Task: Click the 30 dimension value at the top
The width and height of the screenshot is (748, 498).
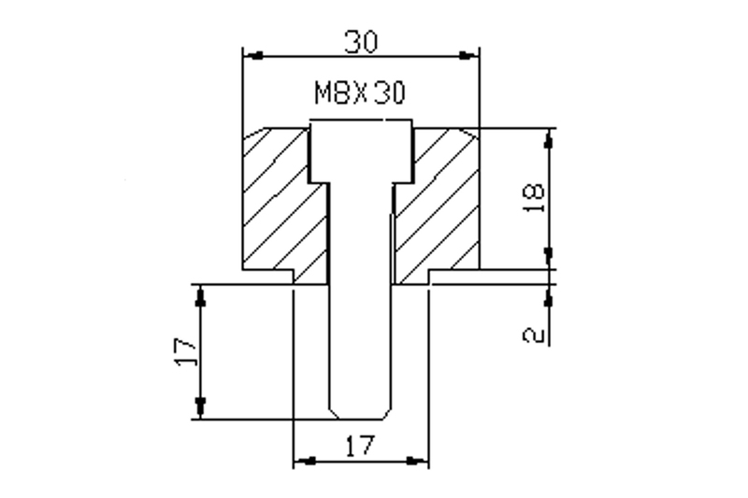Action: coord(360,41)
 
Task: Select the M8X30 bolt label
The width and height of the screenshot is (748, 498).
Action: coord(360,93)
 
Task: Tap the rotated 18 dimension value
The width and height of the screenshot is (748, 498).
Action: coord(534,198)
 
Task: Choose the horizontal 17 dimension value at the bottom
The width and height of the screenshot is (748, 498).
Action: coord(360,446)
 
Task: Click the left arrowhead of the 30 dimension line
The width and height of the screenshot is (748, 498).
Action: coord(252,55)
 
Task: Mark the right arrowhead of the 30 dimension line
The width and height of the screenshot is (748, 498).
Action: coord(469,55)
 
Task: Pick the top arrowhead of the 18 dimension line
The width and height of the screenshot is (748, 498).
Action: coord(549,137)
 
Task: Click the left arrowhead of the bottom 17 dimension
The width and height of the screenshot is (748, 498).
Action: coord(303,461)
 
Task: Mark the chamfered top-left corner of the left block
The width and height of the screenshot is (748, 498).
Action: coord(252,135)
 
